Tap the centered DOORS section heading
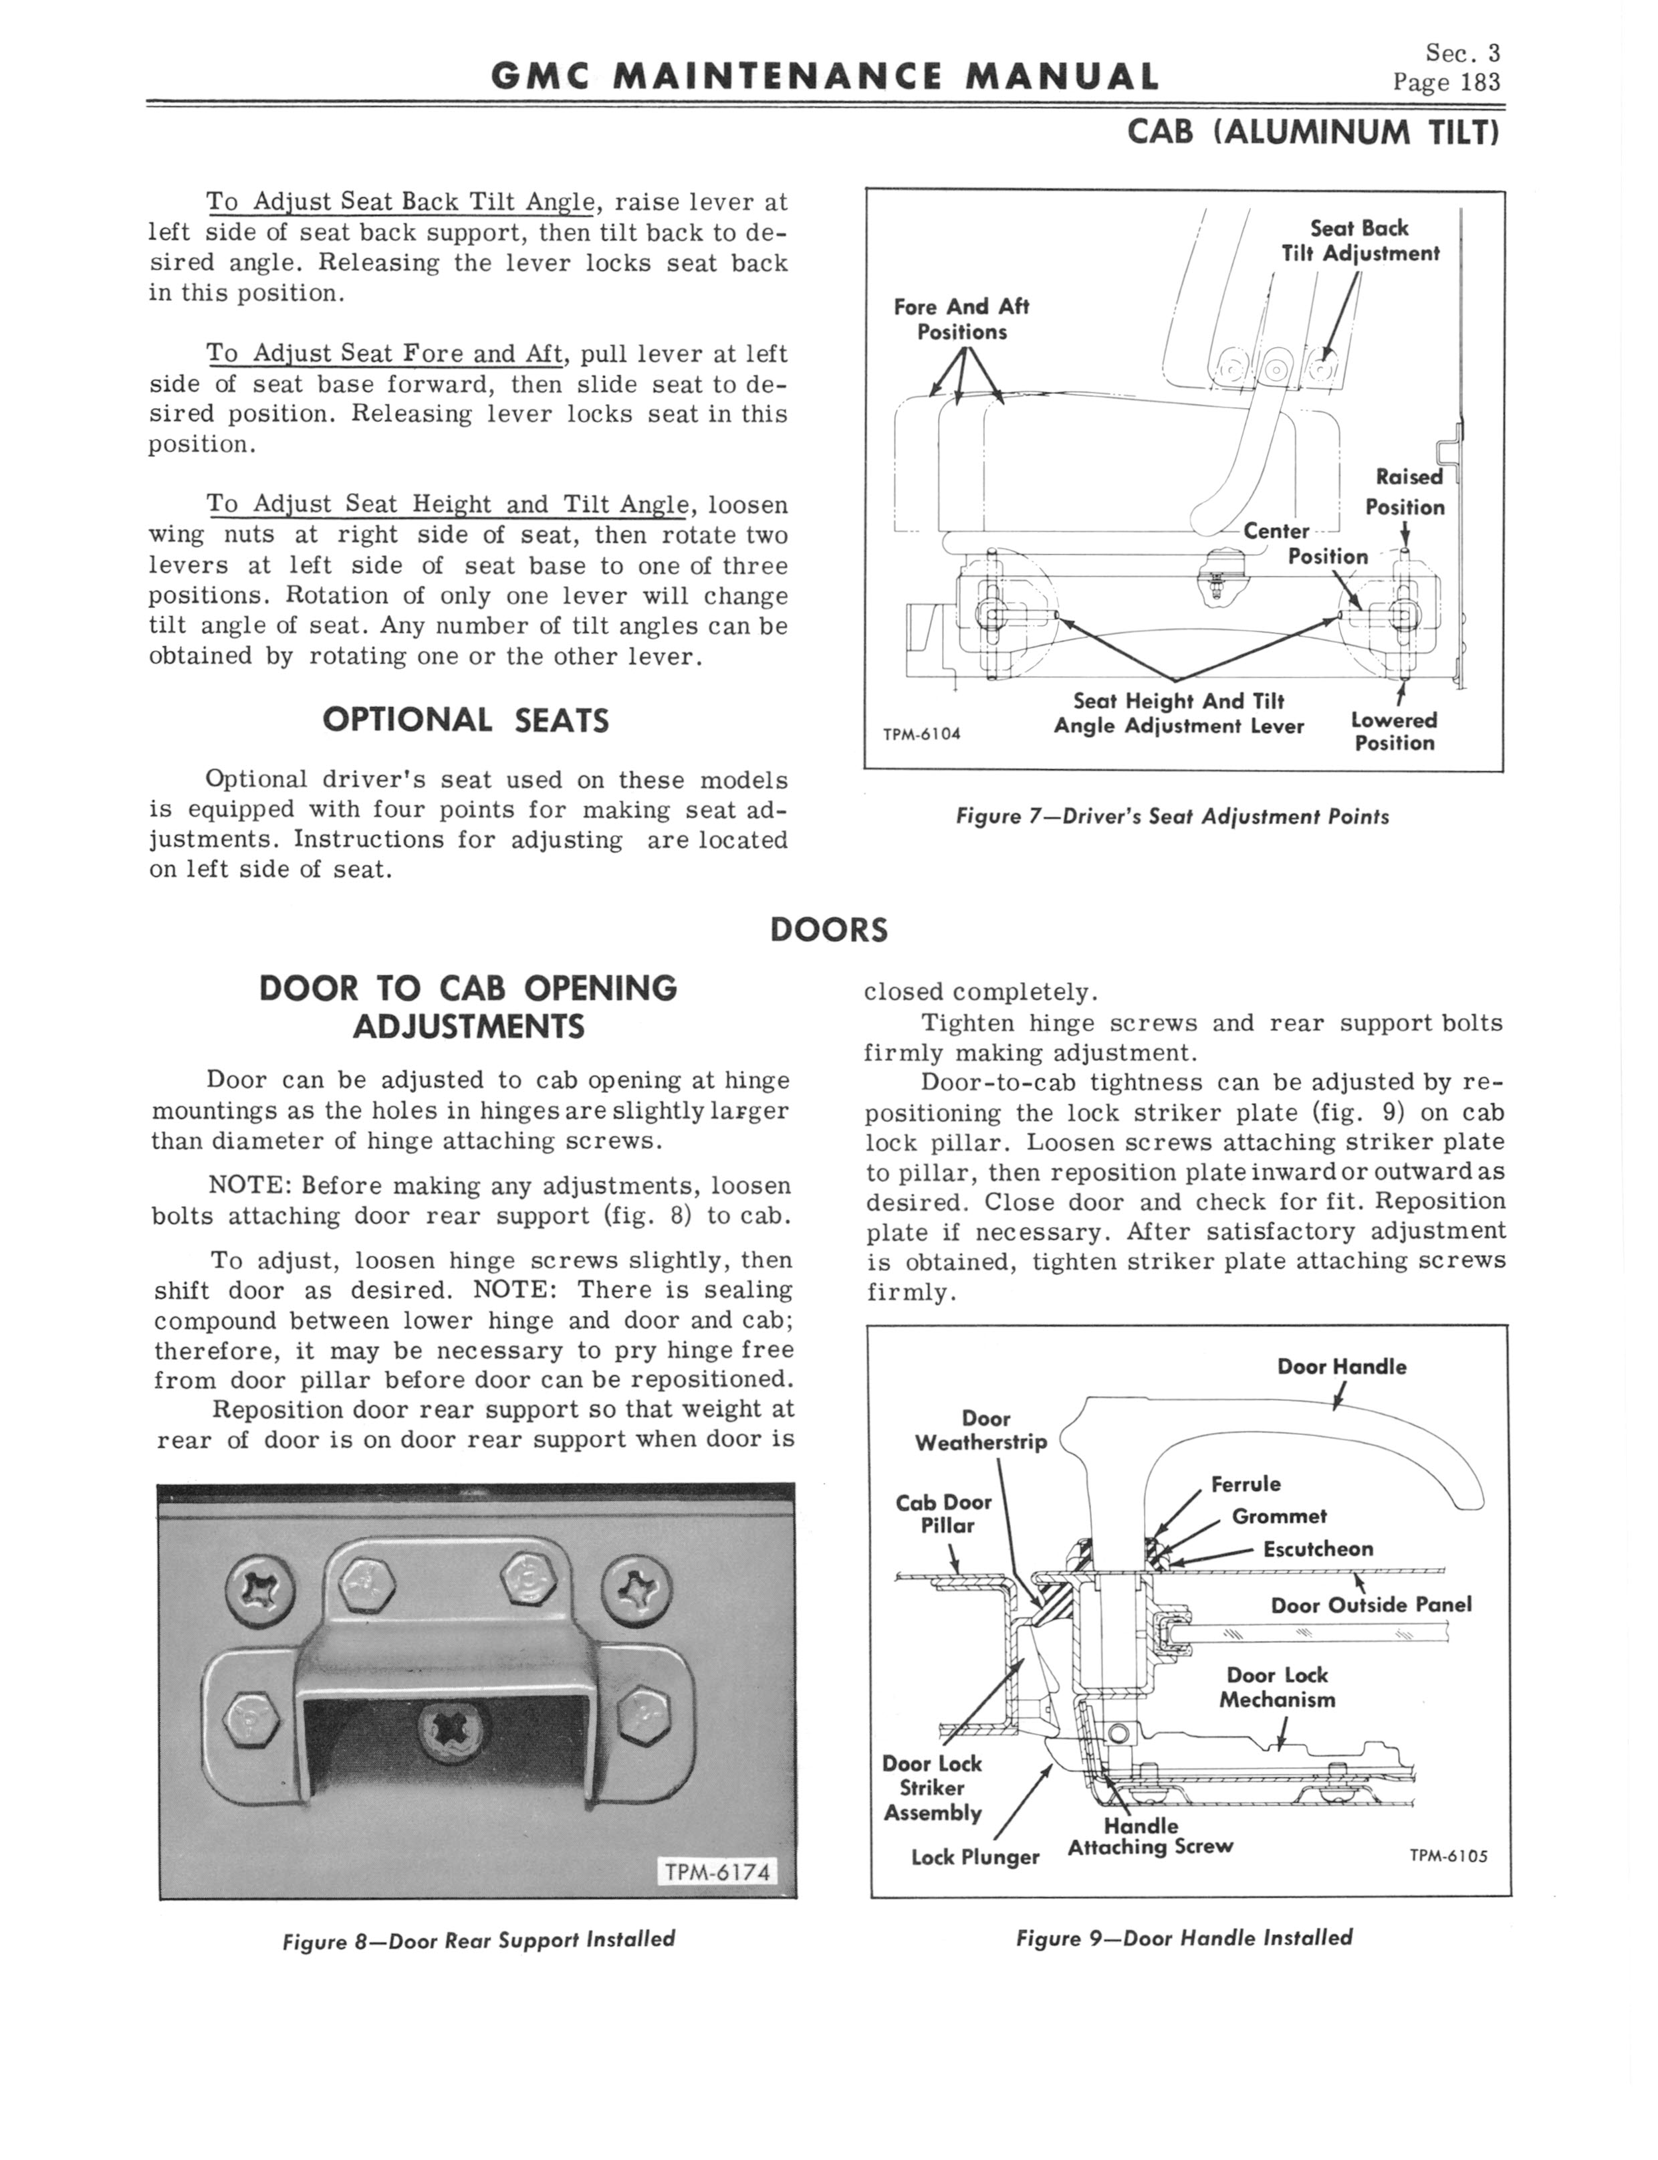click(x=828, y=930)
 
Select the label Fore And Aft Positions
click(x=961, y=319)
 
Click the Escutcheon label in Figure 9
click(x=1318, y=1549)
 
